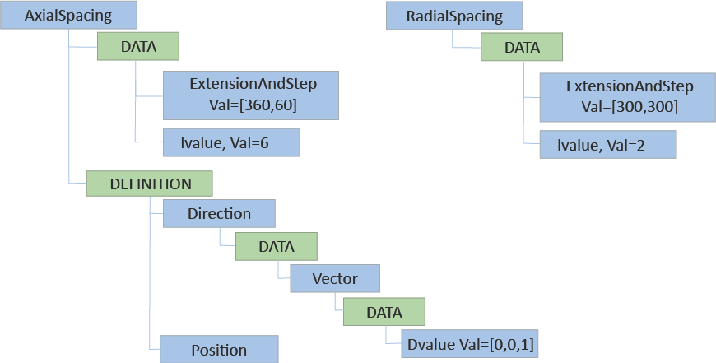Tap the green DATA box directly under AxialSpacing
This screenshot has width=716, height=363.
pos(138,47)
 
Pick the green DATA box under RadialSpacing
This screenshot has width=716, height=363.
pos(521,47)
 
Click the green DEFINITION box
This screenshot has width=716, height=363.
pos(150,184)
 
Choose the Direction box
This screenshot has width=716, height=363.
pos(219,214)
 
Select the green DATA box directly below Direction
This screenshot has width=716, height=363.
pos(277,246)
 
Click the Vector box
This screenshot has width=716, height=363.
pos(334,278)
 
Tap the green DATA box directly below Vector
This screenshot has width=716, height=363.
pos(384,312)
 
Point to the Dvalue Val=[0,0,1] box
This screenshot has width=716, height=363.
pos(471,346)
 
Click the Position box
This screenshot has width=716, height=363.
pos(219,350)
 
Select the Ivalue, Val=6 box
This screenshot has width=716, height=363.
pos(230,142)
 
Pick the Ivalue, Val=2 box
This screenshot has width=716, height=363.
pos(607,146)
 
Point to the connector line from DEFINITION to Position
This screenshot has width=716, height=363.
pos(150,280)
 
